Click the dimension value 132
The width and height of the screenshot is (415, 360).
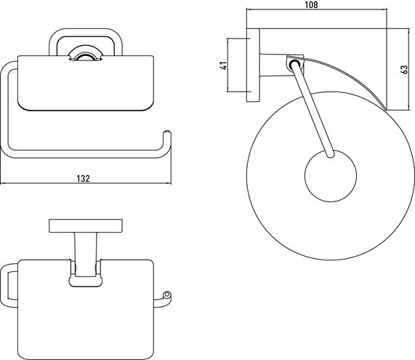tap(84, 178)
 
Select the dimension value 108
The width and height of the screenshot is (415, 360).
tap(312, 5)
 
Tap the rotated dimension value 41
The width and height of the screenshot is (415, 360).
tap(224, 65)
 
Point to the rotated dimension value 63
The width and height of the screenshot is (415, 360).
tap(404, 69)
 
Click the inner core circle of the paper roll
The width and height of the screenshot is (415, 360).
tap(331, 175)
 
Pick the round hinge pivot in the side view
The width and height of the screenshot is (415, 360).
tap(294, 65)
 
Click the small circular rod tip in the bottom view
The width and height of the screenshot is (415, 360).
tap(166, 295)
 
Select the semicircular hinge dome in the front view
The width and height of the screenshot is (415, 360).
tap(85, 55)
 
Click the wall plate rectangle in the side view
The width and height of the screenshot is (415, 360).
tap(253, 65)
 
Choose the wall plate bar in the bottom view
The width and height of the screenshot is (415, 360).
tap(86, 226)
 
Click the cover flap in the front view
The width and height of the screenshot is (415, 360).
tap(86, 83)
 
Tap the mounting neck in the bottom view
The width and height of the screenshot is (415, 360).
tap(85, 255)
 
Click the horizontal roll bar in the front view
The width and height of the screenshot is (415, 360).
tap(85, 154)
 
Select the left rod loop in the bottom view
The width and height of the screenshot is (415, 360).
tap(4, 285)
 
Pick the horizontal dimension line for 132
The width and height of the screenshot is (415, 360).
tap(86, 183)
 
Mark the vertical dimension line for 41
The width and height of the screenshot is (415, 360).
tap(227, 65)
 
